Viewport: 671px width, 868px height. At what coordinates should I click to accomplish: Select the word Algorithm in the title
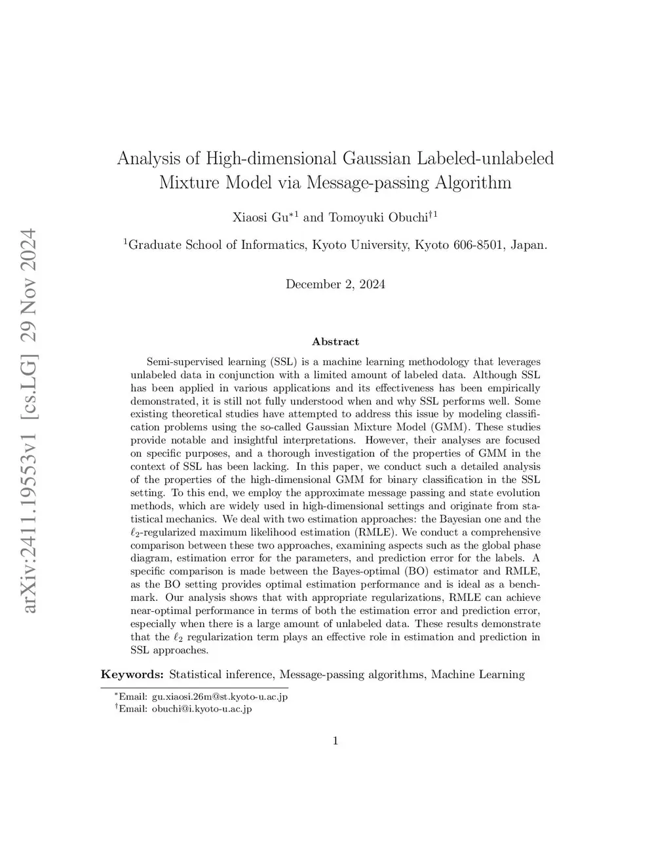[472, 182]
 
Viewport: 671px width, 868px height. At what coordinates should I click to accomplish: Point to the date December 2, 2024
[335, 284]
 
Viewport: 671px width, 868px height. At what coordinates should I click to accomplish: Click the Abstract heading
[335, 341]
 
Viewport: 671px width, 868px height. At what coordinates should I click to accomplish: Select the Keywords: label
[132, 674]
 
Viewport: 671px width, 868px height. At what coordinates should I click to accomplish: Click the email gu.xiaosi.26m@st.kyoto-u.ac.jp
[220, 696]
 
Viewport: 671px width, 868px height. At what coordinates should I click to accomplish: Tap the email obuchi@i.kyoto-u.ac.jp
[202, 708]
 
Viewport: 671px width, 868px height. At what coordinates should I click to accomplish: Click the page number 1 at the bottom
[335, 741]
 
